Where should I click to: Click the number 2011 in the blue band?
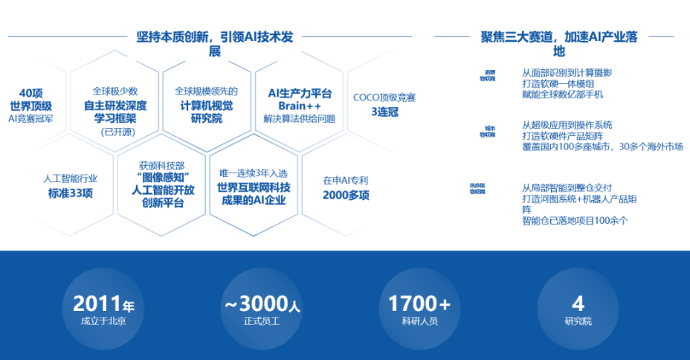coord(97,303)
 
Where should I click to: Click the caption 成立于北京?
coord(103,322)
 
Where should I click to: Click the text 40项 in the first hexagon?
coord(31,93)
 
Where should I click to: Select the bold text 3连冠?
coord(384,111)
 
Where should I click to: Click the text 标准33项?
coord(71,193)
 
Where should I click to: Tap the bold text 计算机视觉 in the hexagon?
coord(207,104)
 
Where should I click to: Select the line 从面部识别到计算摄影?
coord(567,73)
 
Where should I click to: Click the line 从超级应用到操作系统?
coord(567,125)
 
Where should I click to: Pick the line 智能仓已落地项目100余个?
coord(575,221)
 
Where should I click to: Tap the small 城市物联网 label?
coord(487,132)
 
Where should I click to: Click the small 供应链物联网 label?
coord(487,187)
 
